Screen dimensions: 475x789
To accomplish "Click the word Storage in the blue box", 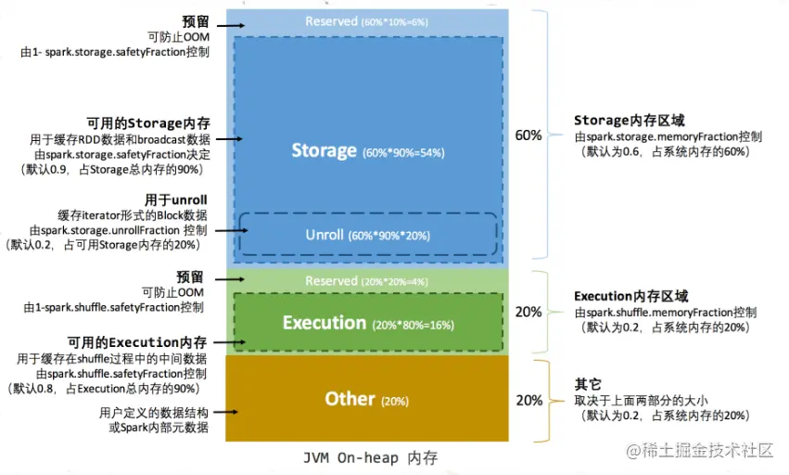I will pyautogui.click(x=324, y=150).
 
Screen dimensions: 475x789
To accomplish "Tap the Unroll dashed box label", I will pyautogui.click(x=325, y=235).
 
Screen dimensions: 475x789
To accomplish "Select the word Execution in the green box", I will pyautogui.click(x=325, y=323).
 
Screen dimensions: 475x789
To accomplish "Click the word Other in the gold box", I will pyautogui.click(x=350, y=399).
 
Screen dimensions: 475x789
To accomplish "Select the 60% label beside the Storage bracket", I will pyautogui.click(x=528, y=135).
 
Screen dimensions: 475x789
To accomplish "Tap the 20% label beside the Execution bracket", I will pyautogui.click(x=528, y=313).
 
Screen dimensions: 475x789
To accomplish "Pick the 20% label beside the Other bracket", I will pyautogui.click(x=528, y=401).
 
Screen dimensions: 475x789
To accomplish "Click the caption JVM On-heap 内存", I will pyautogui.click(x=370, y=457).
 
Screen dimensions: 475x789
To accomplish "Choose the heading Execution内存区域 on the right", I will pyautogui.click(x=631, y=296).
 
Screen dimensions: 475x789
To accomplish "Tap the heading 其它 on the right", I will pyautogui.click(x=589, y=384).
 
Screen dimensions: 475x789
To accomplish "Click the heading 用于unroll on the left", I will pyautogui.click(x=176, y=199).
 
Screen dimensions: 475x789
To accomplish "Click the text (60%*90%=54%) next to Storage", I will pyautogui.click(x=403, y=152).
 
